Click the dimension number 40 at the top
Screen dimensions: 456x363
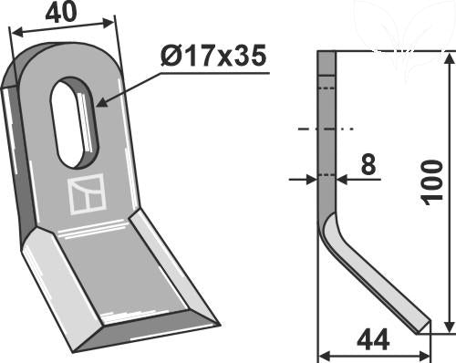point(61,13)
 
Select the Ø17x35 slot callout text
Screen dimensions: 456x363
point(213,56)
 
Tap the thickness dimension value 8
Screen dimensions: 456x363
point(368,164)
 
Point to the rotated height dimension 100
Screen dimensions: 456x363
point(432,182)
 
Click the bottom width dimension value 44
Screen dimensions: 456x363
point(373,339)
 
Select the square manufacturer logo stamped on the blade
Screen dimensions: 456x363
point(87,194)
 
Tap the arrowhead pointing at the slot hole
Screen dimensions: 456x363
point(102,103)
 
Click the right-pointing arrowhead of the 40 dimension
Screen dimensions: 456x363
point(108,23)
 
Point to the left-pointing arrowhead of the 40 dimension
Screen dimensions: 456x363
point(17,32)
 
